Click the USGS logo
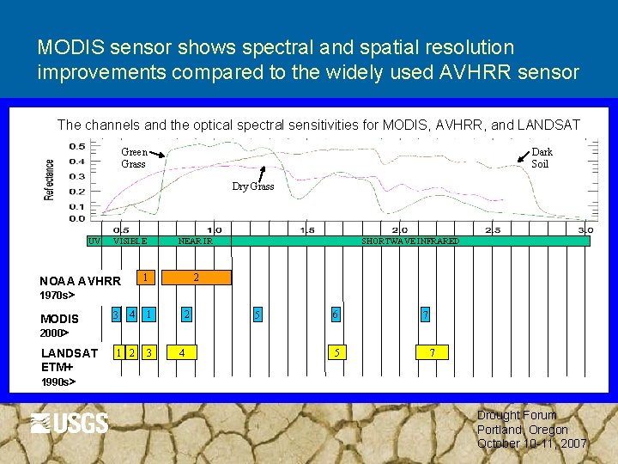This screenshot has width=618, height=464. (70, 423)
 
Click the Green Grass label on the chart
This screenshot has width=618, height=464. (134, 158)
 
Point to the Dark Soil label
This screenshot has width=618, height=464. (542, 158)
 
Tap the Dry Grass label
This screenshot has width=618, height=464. (253, 186)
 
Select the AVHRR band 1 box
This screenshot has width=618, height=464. (147, 278)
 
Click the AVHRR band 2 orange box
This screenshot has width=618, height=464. (197, 278)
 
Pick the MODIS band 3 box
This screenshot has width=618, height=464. (116, 315)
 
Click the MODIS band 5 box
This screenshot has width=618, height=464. (257, 315)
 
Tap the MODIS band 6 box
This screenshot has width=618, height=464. (336, 315)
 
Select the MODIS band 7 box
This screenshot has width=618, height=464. (424, 315)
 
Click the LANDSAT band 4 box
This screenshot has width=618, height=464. (181, 351)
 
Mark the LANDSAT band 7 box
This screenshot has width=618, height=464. (433, 351)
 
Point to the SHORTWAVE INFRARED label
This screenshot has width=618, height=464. (410, 241)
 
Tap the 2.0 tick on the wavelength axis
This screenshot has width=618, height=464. (399, 230)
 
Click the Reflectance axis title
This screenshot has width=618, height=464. (50, 180)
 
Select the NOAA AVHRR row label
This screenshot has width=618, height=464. (80, 281)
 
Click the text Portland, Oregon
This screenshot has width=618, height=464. (522, 430)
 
